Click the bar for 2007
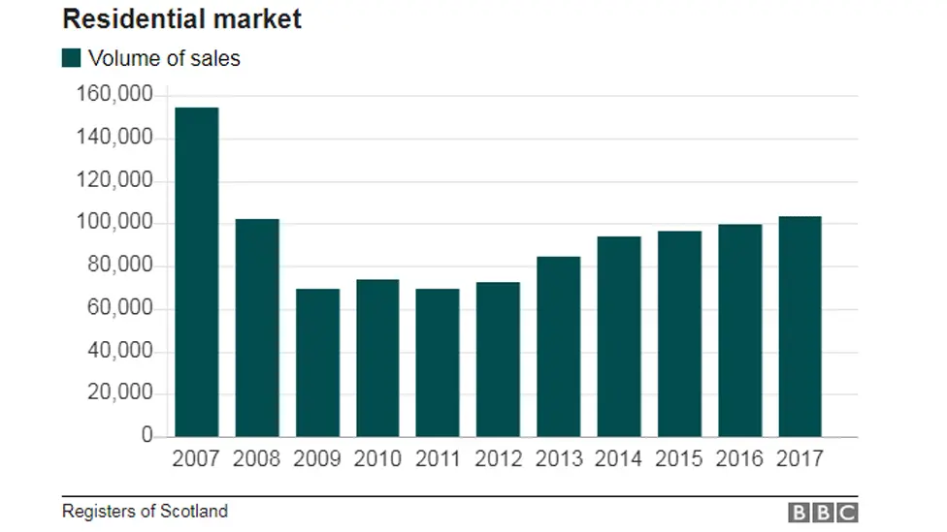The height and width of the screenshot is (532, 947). click(196, 272)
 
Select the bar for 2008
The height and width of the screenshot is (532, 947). click(257, 328)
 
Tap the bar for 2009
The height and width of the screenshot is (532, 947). click(317, 362)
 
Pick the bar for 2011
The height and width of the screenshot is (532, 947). click(438, 362)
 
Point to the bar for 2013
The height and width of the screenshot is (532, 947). click(559, 347)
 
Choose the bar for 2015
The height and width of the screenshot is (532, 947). click(679, 333)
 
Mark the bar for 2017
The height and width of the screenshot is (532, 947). click(800, 327)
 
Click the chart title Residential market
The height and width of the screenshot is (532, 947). click(182, 18)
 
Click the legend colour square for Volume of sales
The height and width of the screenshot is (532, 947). click(72, 58)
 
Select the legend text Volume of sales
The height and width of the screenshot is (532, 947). click(164, 58)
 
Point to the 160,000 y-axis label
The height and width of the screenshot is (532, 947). click(114, 95)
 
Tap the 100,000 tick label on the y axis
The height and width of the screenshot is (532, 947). click(114, 223)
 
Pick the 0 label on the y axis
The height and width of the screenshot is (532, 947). click(147, 436)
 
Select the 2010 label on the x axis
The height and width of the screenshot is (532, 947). click(377, 458)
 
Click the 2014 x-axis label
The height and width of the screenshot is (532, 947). click(619, 458)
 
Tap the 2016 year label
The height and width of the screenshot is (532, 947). click(739, 458)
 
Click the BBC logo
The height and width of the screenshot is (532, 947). click(822, 513)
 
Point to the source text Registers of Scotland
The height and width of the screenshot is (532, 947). click(145, 511)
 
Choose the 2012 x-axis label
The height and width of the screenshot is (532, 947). click(498, 458)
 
